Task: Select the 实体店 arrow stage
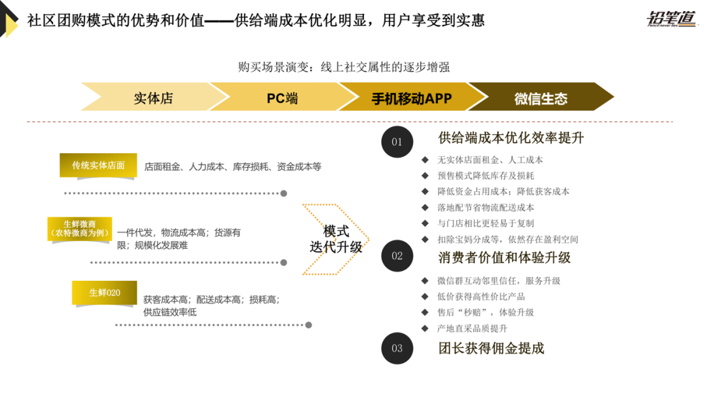(x=153, y=98)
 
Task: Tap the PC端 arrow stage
(x=282, y=98)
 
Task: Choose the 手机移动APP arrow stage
(x=412, y=98)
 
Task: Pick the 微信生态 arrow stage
(x=541, y=99)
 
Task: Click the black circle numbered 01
(x=397, y=141)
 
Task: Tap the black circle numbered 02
(x=397, y=256)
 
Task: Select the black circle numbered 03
(x=397, y=348)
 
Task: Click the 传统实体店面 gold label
(x=98, y=165)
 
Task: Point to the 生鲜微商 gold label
(x=80, y=228)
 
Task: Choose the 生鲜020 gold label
(x=105, y=293)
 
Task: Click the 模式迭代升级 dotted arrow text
(x=336, y=240)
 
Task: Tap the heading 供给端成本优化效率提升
(x=511, y=138)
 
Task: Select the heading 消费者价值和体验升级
(x=504, y=257)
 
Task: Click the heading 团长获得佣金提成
(x=491, y=348)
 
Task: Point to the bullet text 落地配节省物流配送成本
(x=486, y=208)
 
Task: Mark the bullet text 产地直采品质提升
(x=472, y=328)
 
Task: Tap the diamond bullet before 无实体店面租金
(x=425, y=160)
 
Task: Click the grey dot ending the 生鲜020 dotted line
(x=308, y=325)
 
